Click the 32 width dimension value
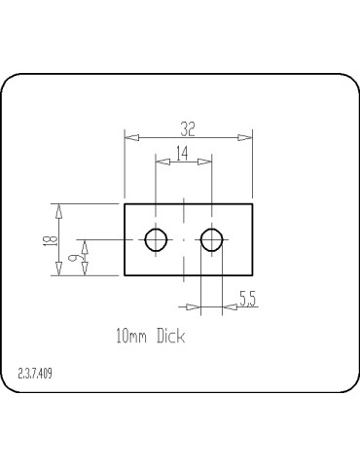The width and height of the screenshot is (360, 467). point(188,128)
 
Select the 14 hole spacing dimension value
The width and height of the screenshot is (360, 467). point(183,152)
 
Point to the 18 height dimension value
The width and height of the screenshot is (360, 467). point(49,239)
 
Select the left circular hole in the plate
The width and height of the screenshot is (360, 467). point(156,239)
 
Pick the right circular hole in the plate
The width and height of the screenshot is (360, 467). point(212,239)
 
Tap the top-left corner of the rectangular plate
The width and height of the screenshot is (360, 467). point(124,203)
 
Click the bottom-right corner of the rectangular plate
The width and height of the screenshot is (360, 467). point(252,275)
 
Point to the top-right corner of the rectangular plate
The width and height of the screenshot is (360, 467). point(252,203)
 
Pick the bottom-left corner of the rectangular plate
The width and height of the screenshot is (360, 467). point(124,275)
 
